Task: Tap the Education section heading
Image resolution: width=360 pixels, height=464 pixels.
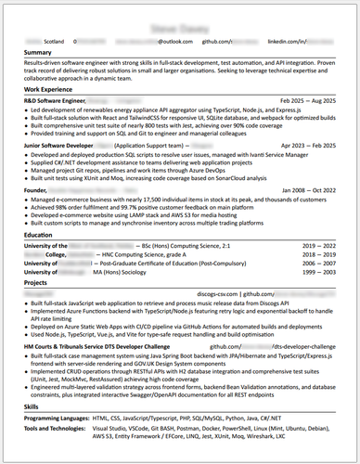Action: point(39,236)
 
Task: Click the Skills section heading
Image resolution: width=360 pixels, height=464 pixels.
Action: point(32,407)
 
